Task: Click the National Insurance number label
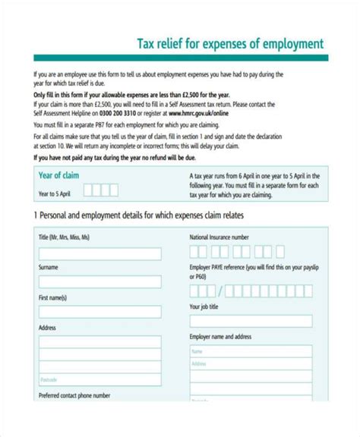point(225,237)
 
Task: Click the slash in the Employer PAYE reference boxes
point(220,291)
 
